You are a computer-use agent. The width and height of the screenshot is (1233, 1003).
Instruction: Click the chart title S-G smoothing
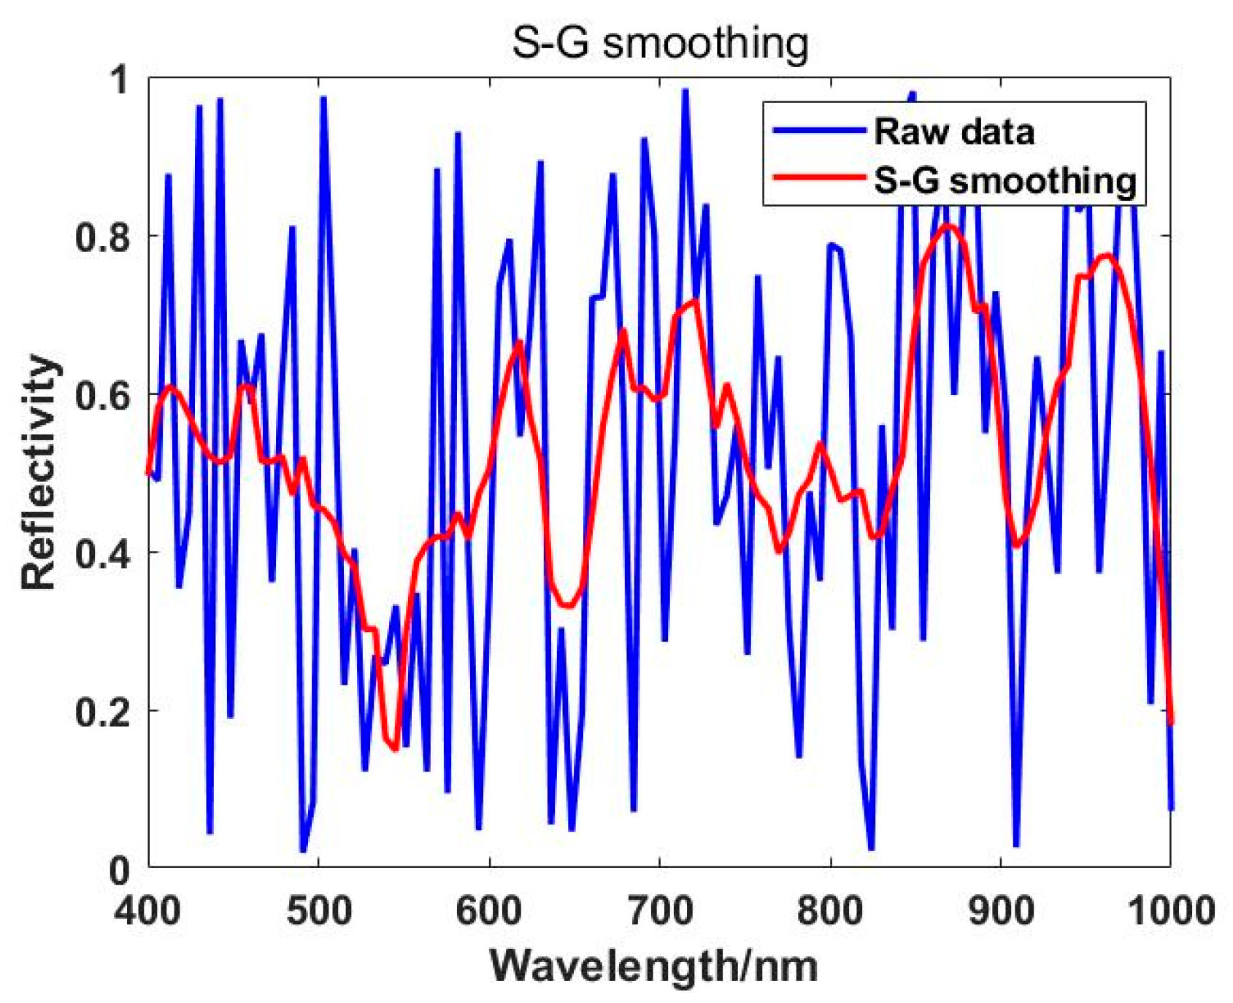(x=660, y=43)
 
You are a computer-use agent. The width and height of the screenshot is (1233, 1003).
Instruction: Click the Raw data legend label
(x=954, y=132)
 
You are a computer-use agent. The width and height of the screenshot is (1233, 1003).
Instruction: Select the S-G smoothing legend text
(x=1005, y=180)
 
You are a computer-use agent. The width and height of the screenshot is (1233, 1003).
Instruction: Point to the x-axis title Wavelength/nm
(x=653, y=966)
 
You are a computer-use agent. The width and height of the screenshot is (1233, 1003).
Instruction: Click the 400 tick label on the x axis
(x=148, y=910)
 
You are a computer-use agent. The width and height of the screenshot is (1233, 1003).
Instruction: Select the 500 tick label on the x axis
(x=319, y=910)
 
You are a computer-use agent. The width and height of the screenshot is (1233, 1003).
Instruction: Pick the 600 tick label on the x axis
(x=489, y=910)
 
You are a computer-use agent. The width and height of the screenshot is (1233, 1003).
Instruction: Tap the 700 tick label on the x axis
(x=660, y=910)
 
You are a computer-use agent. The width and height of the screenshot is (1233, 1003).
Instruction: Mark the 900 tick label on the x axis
(x=1001, y=910)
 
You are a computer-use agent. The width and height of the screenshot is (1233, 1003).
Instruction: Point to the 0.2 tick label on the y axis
(x=104, y=711)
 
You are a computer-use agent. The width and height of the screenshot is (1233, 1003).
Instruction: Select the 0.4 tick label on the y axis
(x=104, y=553)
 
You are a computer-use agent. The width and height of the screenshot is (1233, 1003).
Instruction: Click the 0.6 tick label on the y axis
(x=104, y=394)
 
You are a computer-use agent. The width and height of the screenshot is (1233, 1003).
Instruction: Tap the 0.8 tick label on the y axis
(x=104, y=236)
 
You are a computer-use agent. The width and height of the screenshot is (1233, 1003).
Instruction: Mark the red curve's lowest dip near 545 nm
(x=396, y=749)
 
